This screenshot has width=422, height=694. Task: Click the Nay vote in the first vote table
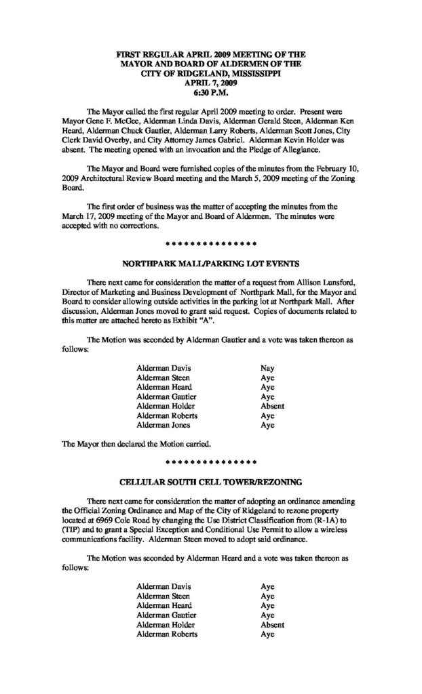[x=268, y=368]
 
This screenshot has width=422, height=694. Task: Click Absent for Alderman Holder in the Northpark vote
[x=272, y=407]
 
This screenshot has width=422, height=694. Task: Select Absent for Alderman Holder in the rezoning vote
[x=272, y=625]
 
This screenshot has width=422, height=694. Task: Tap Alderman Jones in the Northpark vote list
[x=164, y=426]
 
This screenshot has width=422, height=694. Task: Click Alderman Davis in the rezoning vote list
[x=164, y=586]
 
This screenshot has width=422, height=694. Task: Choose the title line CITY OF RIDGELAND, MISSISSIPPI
[x=211, y=70]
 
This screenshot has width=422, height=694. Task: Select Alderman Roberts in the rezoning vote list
[x=167, y=634]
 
